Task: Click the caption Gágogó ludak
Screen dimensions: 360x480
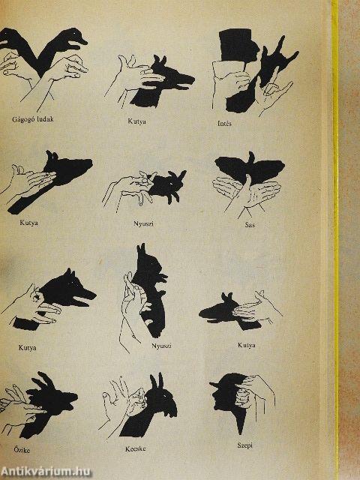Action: tap(32, 118)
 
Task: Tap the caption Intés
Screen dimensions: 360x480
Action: tap(224, 123)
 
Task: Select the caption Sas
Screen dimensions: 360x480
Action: tap(250, 225)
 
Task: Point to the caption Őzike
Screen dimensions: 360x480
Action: tap(22, 450)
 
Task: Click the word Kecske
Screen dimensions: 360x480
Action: tap(135, 449)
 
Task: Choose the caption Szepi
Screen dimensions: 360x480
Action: tap(245, 445)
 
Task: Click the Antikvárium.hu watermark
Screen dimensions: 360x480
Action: tap(45, 472)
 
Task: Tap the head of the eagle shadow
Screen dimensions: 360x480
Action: tap(251, 157)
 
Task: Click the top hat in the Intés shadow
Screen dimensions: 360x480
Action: tap(235, 44)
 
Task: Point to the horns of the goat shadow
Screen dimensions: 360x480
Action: tap(156, 381)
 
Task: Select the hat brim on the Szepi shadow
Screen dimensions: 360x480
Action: tap(215, 384)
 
